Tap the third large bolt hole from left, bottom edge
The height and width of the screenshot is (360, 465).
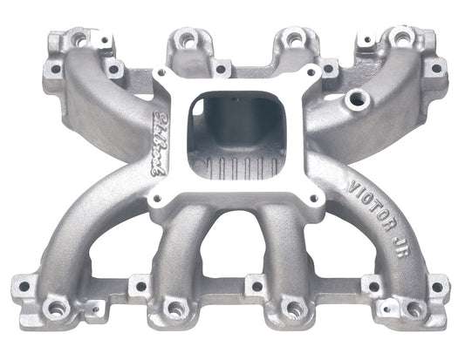(291, 308)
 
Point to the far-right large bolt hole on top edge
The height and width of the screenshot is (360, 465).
(400, 37)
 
